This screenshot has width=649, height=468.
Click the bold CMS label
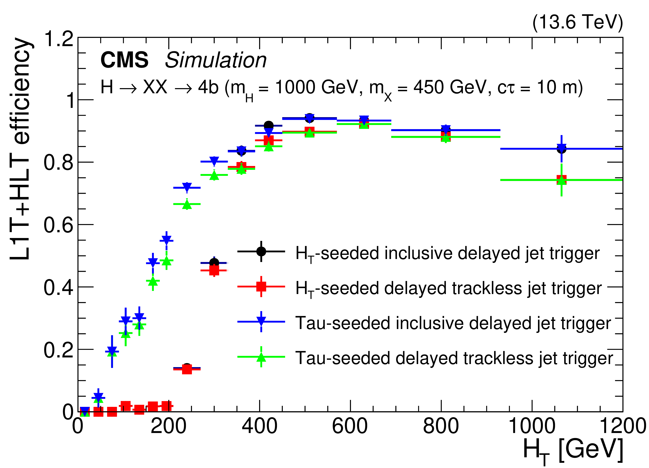point(124,60)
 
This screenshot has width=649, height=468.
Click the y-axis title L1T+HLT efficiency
point(19,149)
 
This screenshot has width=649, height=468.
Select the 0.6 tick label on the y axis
point(59,225)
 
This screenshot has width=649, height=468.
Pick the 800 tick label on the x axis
point(441,426)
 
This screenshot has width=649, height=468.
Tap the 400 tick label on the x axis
point(259,426)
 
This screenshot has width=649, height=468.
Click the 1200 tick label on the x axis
point(623,426)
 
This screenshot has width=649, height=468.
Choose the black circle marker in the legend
point(261,251)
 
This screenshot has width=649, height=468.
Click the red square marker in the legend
point(261,286)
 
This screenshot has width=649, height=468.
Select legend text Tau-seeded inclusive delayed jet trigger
point(453,323)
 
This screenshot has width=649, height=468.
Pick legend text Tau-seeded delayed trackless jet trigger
point(454,358)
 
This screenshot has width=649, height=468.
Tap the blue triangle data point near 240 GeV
point(187,187)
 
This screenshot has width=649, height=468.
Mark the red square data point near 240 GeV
point(187,369)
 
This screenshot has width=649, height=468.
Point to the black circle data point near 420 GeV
point(268,125)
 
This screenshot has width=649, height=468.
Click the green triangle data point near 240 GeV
point(187,204)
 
